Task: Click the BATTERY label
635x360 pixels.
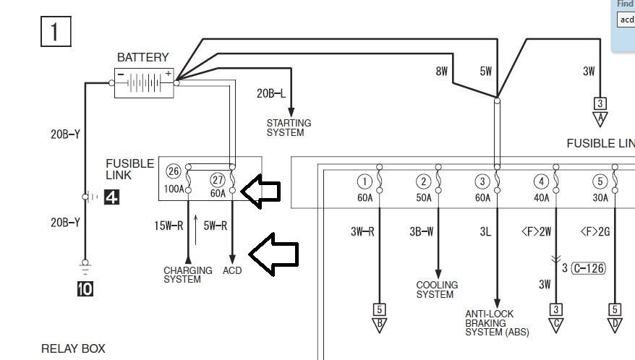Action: coord(142,57)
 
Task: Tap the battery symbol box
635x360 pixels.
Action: coord(145,82)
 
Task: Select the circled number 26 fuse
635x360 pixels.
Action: coord(174,171)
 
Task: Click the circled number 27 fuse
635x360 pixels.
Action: coord(218,180)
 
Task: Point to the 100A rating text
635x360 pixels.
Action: coord(174,190)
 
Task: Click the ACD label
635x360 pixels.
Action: coord(232,270)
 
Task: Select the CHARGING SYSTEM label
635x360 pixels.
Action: coord(187,275)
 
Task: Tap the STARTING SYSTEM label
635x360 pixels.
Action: coord(289,128)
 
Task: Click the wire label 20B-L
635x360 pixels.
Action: coord(271,93)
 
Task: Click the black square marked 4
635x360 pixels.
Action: coord(111,196)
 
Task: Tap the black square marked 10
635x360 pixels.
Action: coord(85,288)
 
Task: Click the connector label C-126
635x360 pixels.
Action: coord(588,268)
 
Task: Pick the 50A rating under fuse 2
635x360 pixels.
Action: coord(424,197)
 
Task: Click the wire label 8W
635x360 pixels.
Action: coord(442,72)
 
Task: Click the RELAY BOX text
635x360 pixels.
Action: coord(73,348)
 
